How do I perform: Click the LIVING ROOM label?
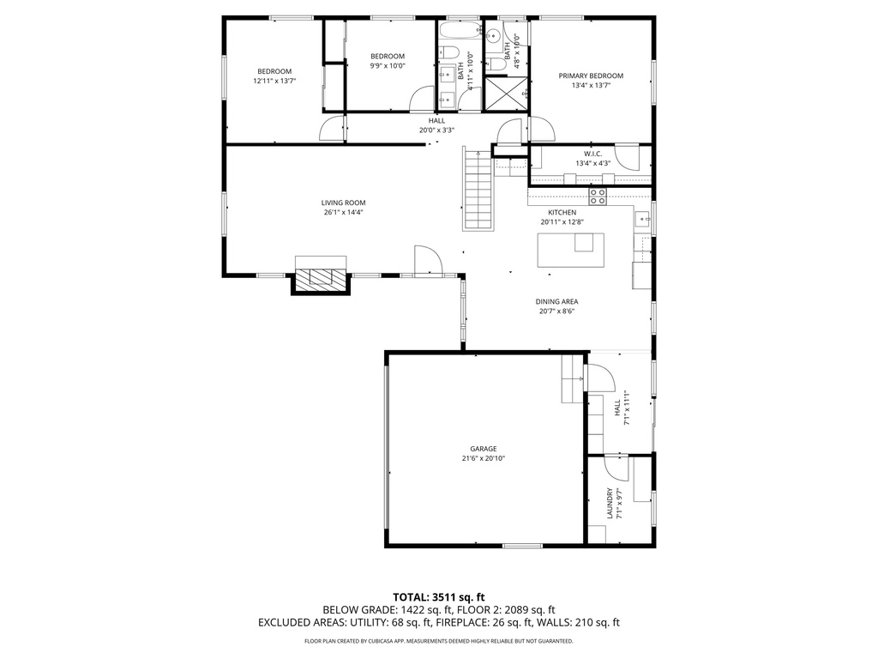(343, 203)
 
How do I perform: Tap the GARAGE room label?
(484, 449)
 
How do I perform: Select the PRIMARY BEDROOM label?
(591, 76)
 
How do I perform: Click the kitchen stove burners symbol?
(597, 196)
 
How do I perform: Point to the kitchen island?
(570, 250)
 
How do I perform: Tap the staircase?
(478, 190)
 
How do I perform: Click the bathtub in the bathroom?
(460, 30)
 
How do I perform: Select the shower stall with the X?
(507, 94)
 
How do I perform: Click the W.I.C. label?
(593, 154)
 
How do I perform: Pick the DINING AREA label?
(556, 301)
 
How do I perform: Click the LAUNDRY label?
(610, 503)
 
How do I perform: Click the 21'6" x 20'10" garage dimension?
(484, 458)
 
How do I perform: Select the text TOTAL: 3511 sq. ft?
(438, 597)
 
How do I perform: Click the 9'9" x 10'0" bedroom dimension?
(388, 65)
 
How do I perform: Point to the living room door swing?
(429, 261)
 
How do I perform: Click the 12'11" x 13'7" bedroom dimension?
(274, 81)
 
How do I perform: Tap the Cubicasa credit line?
(438, 641)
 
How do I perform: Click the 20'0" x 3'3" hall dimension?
(436, 130)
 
